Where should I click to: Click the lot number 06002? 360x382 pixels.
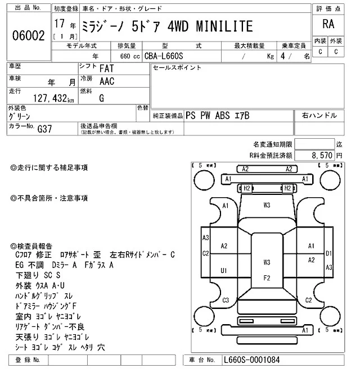(28, 35)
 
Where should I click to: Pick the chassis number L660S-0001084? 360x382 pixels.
(251, 360)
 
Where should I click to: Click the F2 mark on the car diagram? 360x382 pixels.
(267, 278)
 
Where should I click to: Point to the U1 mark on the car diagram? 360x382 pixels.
(224, 271)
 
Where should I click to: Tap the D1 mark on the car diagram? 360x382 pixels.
(329, 253)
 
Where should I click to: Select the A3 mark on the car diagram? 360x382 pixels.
(205, 238)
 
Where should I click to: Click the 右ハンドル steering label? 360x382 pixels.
(319, 116)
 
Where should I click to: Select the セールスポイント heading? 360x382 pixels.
(177, 68)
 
